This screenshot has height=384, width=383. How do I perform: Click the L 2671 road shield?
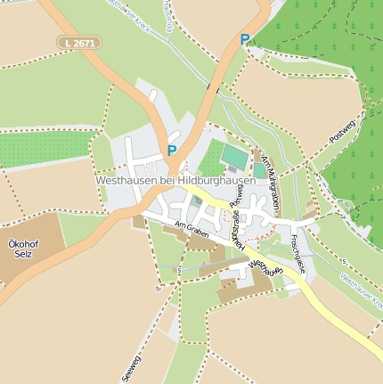point(79,42)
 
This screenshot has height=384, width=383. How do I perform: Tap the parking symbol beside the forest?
point(245,40)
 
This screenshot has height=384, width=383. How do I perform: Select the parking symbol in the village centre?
point(172,151)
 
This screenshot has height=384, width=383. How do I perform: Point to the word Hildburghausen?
point(217,180)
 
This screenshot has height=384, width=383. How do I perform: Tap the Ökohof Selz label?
point(19,249)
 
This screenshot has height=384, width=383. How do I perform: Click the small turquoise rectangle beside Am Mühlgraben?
point(259,169)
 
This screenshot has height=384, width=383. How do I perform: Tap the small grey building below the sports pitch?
point(232,169)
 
